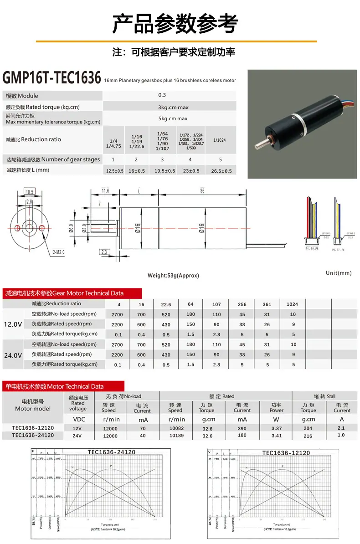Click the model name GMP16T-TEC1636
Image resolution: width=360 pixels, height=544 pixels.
coord(51,78)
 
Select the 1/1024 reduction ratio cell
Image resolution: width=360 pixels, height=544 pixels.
coord(221,141)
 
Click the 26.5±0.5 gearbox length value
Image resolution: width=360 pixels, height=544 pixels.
coord(221,171)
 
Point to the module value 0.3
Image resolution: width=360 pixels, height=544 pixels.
coord(162,95)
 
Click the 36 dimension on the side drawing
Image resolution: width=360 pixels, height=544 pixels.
coord(202,191)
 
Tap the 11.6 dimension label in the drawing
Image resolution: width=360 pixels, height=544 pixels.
coord(105,191)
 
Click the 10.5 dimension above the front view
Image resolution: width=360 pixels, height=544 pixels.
coord(30,192)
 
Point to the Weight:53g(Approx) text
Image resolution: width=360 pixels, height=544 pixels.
coord(173,275)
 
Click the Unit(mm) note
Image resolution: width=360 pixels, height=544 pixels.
coord(339,273)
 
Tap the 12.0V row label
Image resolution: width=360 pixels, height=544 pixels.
coord(13,324)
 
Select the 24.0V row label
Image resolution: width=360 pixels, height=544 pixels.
coord(13,354)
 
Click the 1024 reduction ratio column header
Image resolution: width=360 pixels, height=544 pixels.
coord(292,304)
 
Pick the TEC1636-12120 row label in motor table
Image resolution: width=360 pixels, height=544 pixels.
coord(33,428)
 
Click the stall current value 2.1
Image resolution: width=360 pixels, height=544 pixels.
coord(342,428)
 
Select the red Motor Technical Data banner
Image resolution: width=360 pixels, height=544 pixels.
coord(54,386)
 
